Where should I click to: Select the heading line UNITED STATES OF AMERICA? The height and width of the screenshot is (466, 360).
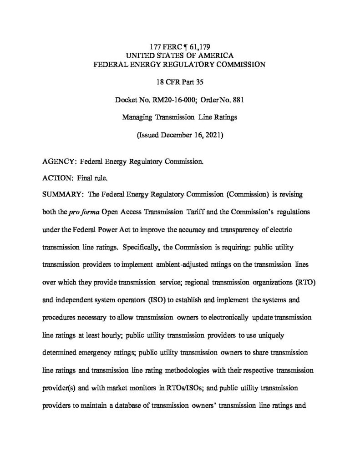click(x=179, y=56)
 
